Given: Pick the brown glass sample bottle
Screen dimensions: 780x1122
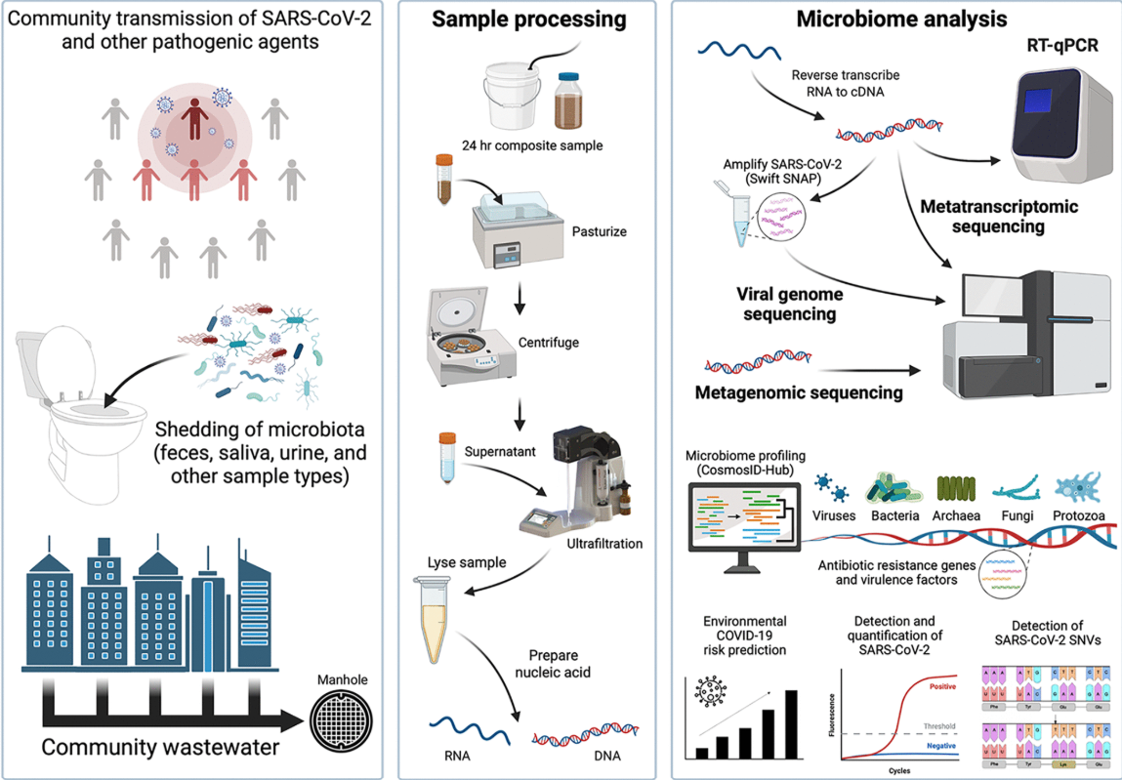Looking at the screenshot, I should (x=571, y=103).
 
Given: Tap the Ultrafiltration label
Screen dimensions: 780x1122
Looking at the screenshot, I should (x=604, y=543).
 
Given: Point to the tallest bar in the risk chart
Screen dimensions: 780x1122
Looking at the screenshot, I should (x=790, y=723).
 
